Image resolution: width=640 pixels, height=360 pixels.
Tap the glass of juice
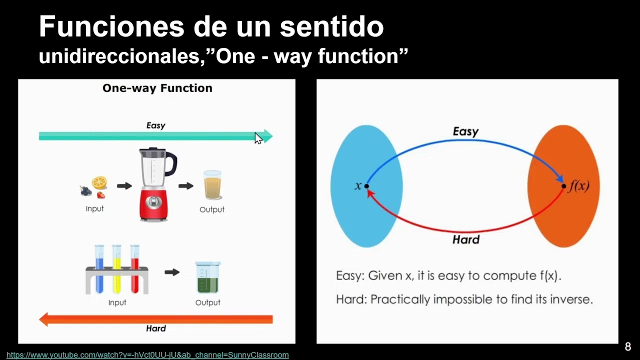(212, 186)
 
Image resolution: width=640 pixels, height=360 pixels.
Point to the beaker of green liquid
(207, 278)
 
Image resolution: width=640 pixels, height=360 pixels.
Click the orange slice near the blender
(99, 182)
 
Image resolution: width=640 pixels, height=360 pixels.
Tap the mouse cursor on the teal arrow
(258, 138)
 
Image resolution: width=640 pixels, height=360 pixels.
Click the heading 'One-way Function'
(157, 88)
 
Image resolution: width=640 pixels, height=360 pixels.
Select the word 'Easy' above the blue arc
(465, 131)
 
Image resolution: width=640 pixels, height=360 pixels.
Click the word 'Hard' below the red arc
(465, 239)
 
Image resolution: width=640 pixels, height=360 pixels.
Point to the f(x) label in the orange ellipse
(579, 186)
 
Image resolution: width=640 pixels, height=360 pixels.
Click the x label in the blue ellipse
(358, 186)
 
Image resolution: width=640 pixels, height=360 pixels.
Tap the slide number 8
(628, 347)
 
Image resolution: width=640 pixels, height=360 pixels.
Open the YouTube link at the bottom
(147, 355)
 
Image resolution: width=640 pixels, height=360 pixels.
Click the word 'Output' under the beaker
(207, 302)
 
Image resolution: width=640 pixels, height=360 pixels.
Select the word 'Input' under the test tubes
(117, 302)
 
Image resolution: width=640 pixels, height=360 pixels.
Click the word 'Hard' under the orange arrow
(155, 328)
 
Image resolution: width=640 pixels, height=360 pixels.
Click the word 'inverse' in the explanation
(566, 299)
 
